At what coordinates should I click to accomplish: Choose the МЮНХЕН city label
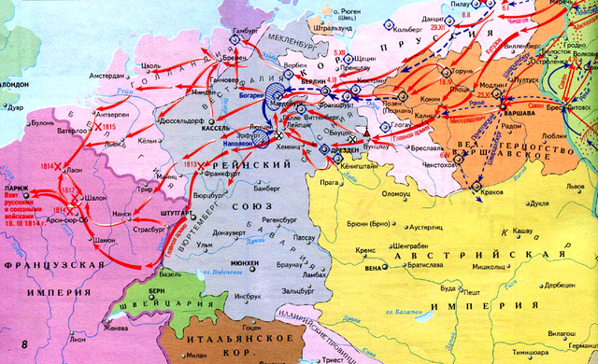click(x=242, y=264)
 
